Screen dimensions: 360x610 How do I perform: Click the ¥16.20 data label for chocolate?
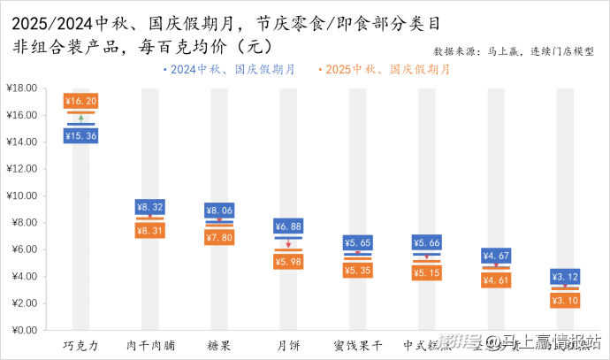click(80, 101)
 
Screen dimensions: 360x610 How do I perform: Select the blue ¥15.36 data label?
click(80, 135)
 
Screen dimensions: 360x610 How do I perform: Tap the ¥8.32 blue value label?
click(149, 207)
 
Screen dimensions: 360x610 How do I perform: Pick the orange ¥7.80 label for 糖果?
click(219, 237)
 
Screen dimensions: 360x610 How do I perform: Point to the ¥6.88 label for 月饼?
click(288, 226)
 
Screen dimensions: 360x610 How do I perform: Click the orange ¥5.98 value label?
click(288, 262)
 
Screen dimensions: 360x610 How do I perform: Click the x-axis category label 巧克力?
click(80, 345)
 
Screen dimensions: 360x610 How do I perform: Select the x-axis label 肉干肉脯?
click(149, 345)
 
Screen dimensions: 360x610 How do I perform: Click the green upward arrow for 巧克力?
click(80, 118)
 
